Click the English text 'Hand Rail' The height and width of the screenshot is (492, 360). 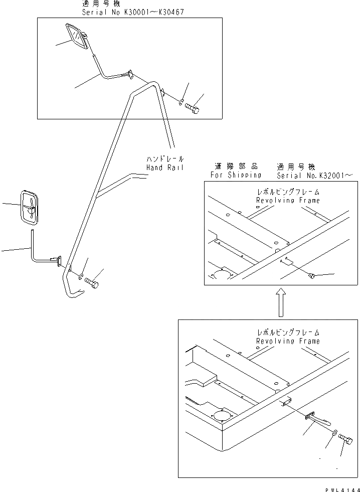(x=165, y=168)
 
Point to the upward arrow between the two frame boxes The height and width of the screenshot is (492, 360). (x=281, y=302)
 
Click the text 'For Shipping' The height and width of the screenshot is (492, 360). (x=236, y=175)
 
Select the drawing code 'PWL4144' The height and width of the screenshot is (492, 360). (x=341, y=488)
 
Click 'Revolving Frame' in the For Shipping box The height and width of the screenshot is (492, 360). (x=288, y=200)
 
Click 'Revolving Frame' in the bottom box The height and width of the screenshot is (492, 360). (x=288, y=341)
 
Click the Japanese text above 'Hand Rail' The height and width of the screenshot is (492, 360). (x=165, y=158)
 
